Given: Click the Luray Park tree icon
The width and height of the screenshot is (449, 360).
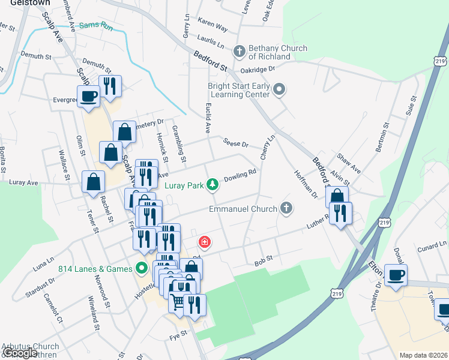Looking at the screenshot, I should tap(211, 184).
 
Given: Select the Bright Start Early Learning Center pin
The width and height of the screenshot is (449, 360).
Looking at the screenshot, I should tap(279, 91).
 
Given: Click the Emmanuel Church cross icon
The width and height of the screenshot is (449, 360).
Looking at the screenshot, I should tap(287, 209).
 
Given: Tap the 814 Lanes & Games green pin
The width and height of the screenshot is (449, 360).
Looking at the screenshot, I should tap(142, 268).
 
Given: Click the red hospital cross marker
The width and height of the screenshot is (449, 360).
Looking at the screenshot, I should tap(204, 242).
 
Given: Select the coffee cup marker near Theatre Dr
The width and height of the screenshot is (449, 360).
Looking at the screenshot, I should tap(396, 275).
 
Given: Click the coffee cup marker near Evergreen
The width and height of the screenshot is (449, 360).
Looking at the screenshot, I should tap(89, 95).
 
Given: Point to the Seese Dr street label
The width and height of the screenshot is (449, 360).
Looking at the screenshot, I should tap(235, 143).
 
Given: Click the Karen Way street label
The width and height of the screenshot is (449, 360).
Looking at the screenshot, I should tap(212, 28).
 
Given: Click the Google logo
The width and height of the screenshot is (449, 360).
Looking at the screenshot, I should tap(19, 353).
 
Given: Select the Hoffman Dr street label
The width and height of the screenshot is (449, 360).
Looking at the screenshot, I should tap(306, 183).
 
